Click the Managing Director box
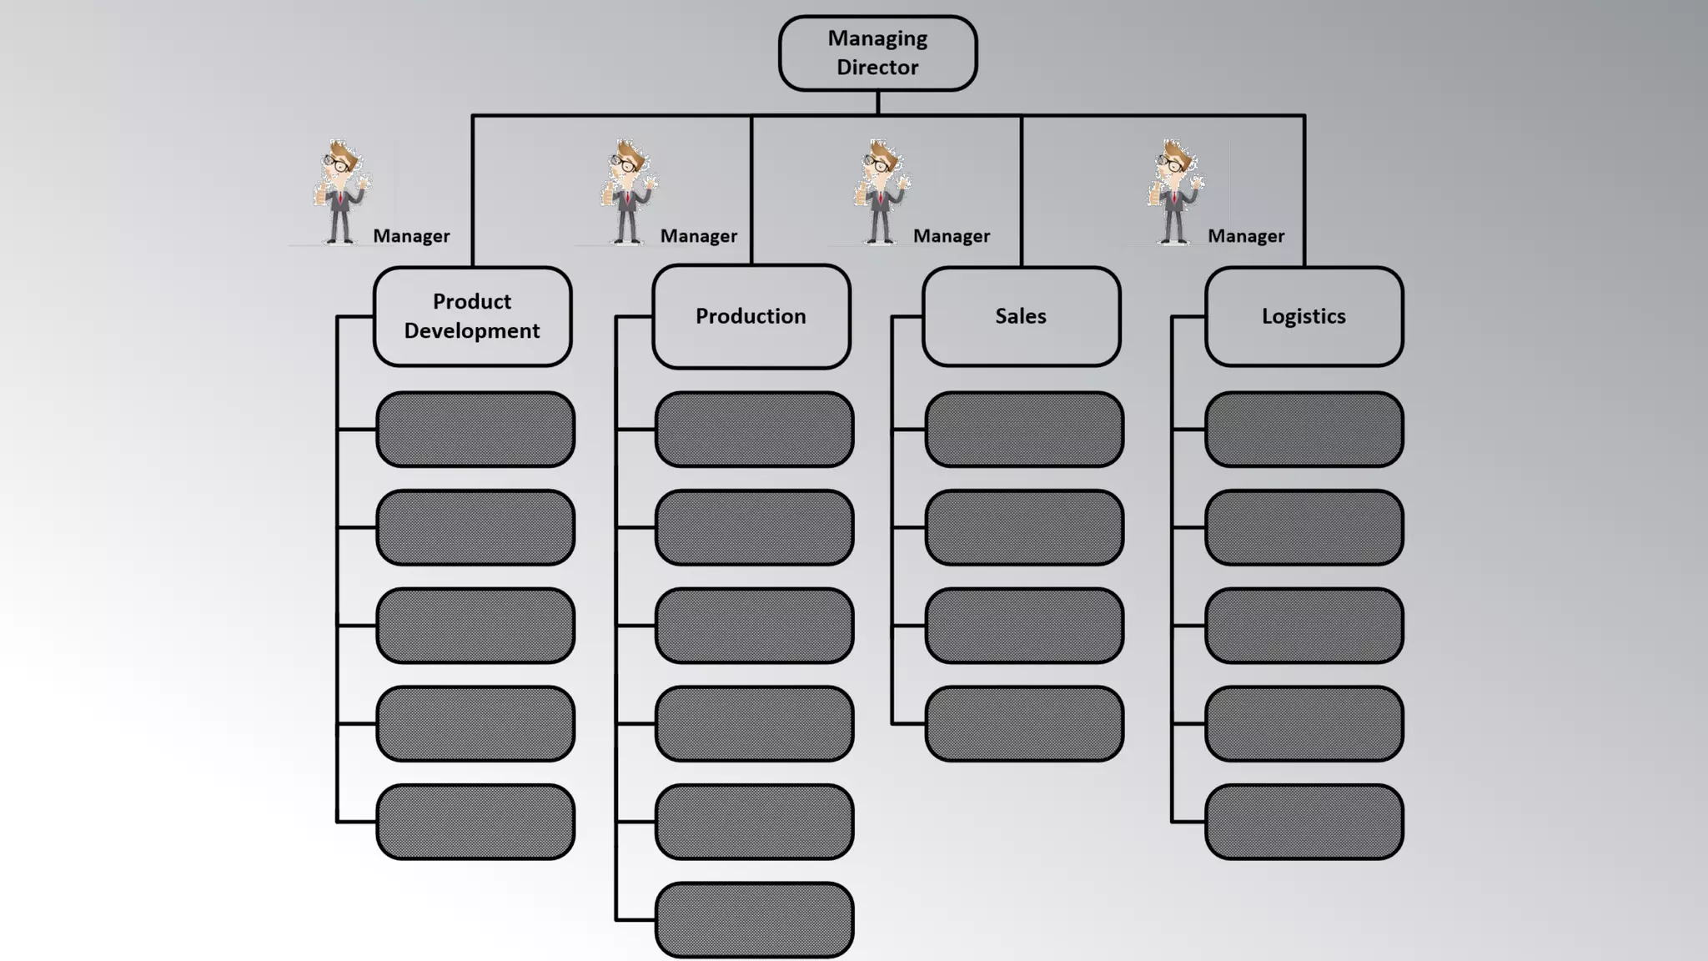pos(877,53)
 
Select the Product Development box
pos(472,316)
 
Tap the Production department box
pos(751,316)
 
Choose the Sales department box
pos(1021,316)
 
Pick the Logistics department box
pos(1304,316)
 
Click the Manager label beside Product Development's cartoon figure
pos(411,236)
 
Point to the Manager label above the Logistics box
pos(1246,236)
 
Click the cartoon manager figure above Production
pos(628,193)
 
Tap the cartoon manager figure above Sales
pos(881,193)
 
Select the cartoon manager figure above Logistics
pos(1174,193)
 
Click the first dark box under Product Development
pos(475,429)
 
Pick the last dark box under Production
pos(754,919)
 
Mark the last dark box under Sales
pos(1024,723)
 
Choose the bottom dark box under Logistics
pos(1304,822)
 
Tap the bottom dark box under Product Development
pos(475,822)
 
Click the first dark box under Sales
pos(1024,429)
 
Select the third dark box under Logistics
pos(1304,626)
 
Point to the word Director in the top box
pos(877,68)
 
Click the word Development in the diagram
pos(472,331)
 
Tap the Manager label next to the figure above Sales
pos(951,236)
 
